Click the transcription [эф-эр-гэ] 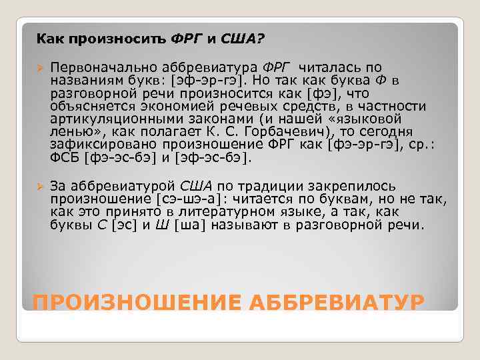tap(207, 81)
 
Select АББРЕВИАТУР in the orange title tap(336, 303)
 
